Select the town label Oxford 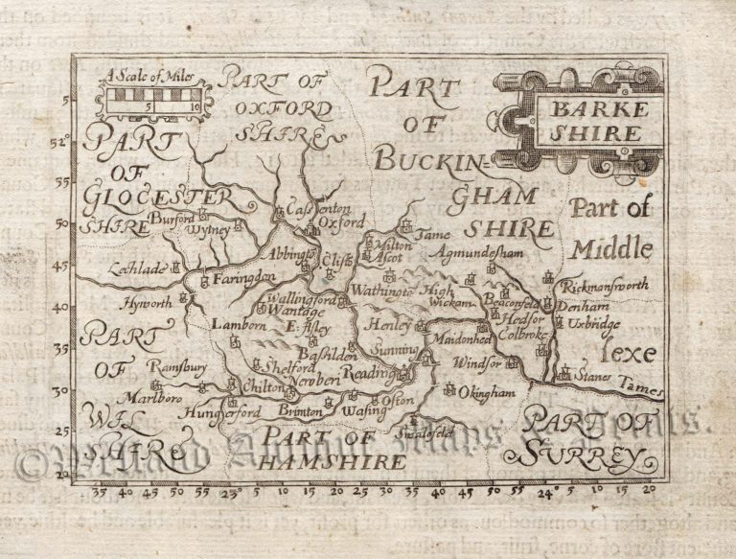pos(342,221)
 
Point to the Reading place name pos(369,373)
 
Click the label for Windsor pos(477,363)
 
